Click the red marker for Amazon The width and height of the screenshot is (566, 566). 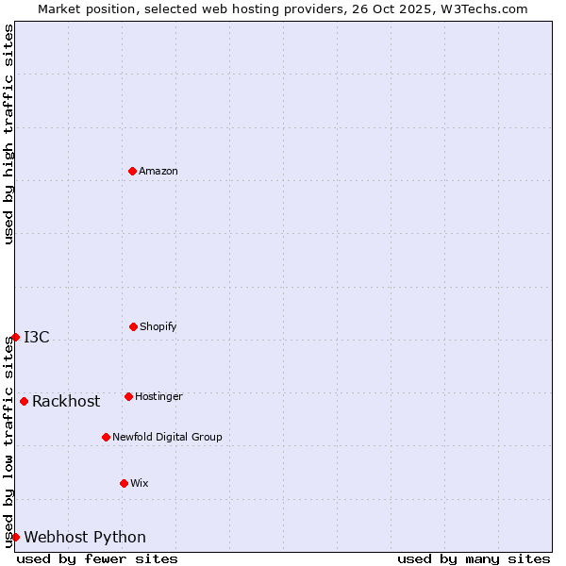pos(133,171)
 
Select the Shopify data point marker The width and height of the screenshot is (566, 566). pos(133,326)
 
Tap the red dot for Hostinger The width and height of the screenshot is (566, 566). pos(128,396)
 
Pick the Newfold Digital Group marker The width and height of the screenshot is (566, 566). pos(106,437)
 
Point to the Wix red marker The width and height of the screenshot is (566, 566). pos(124,483)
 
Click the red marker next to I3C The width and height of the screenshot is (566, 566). pos(15,337)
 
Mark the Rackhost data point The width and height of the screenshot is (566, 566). pos(24,401)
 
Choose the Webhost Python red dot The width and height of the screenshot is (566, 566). pos(15,537)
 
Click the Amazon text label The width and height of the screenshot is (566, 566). pos(158,171)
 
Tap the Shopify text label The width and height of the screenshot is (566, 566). pos(158,326)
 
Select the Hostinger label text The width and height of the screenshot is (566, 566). pos(158,396)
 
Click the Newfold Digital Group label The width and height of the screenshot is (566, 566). pos(167,437)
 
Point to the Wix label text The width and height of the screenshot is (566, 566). pos(140,483)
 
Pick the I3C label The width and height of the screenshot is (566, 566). pos(37,337)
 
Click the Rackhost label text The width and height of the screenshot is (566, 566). pos(66,401)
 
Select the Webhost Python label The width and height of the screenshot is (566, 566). pos(85,537)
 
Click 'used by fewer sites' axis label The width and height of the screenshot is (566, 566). pos(97,558)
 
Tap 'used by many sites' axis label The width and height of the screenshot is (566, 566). pos(474,558)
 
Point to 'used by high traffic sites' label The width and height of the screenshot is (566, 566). pos(8,134)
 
